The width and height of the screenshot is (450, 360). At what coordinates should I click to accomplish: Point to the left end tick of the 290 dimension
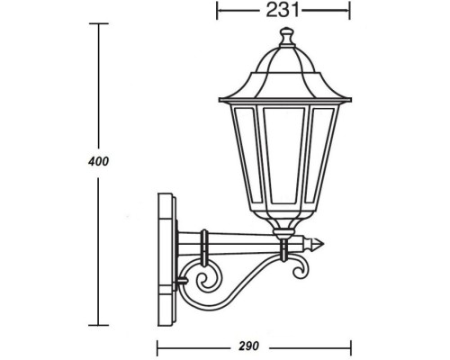tap(157, 345)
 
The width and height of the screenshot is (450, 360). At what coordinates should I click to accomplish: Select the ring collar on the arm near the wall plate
tap(205, 243)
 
